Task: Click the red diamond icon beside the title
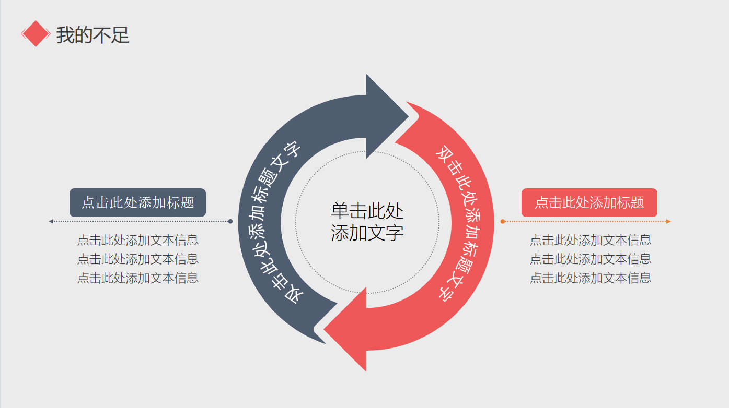(35, 34)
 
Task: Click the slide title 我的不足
(92, 35)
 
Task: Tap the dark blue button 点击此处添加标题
(137, 202)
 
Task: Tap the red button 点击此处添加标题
(589, 202)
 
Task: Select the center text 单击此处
(367, 211)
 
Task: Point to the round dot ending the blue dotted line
(230, 221)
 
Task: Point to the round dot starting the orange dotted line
(503, 221)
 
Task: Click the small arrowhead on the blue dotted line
(51, 221)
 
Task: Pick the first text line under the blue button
(138, 240)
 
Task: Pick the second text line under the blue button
(138, 259)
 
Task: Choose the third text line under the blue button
(138, 278)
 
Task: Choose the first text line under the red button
(591, 240)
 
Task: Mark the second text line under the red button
(591, 259)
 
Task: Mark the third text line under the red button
(591, 278)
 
